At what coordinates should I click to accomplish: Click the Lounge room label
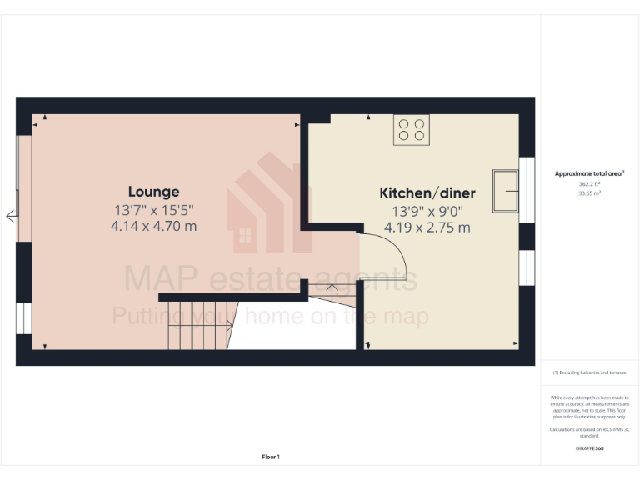click(x=153, y=192)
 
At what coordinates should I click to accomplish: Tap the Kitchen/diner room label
click(x=427, y=193)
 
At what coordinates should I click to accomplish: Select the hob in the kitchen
click(x=412, y=129)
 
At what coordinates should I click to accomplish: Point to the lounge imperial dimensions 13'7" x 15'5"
click(x=153, y=209)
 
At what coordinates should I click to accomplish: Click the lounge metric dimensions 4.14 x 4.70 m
click(x=153, y=226)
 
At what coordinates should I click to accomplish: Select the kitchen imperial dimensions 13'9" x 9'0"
click(x=427, y=211)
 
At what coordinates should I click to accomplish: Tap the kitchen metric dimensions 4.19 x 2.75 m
click(x=427, y=227)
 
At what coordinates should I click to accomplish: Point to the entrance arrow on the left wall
click(x=12, y=217)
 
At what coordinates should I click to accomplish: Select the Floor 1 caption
click(x=271, y=457)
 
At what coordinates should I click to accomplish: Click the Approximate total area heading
click(x=589, y=174)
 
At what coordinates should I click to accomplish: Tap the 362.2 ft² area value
click(x=589, y=184)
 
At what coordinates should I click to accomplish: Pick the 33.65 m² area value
click(x=589, y=192)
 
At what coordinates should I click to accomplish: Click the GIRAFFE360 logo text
click(x=589, y=448)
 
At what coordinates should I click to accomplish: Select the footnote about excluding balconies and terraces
click(x=589, y=372)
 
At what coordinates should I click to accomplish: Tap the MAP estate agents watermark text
click(x=271, y=278)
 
